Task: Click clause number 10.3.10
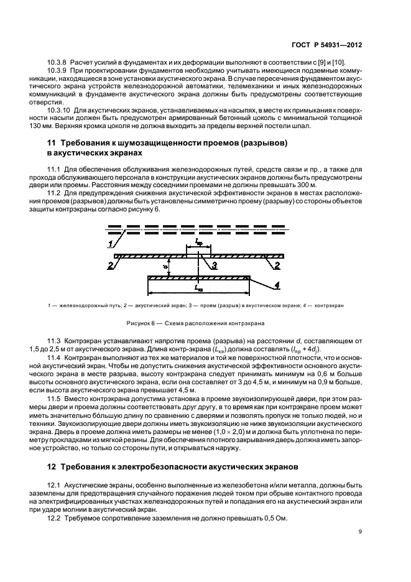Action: [x=61, y=109]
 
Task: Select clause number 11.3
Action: [x=57, y=343]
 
